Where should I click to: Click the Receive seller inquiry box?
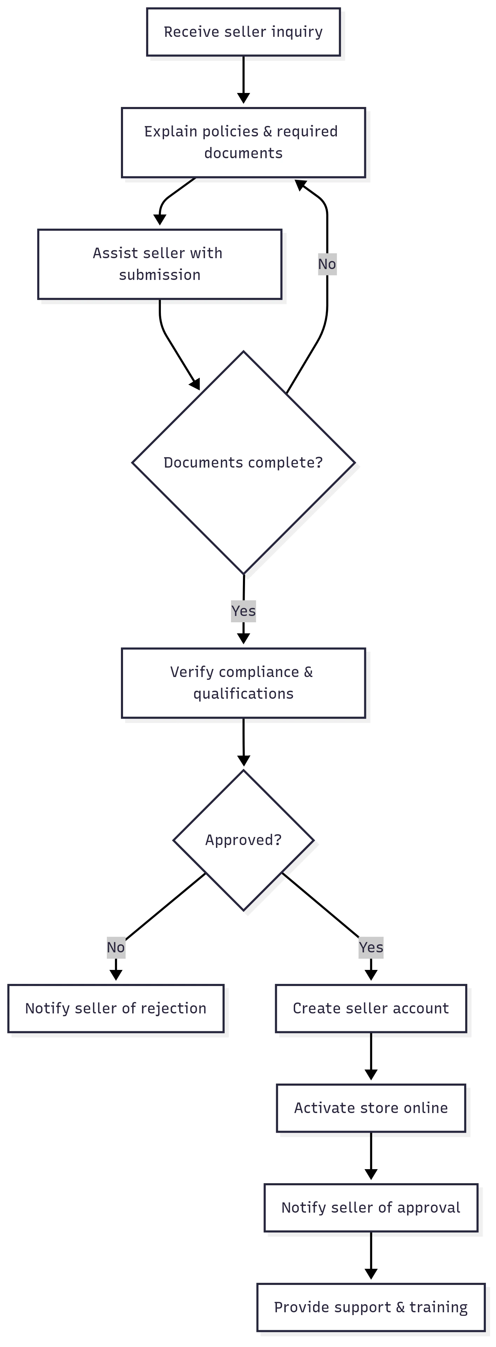click(x=243, y=32)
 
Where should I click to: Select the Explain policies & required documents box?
click(x=243, y=142)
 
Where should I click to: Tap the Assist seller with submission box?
click(x=159, y=264)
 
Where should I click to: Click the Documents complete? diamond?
click(x=243, y=462)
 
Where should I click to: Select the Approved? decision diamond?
click(x=243, y=840)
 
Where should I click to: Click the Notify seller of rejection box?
click(x=116, y=1008)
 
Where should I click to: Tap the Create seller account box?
click(x=371, y=1008)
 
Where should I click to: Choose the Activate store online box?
click(x=371, y=1107)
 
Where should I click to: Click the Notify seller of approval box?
click(x=371, y=1207)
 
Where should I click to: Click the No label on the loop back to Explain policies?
click(x=327, y=264)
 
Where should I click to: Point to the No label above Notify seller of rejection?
click(x=116, y=947)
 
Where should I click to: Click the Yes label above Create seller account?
click(x=371, y=947)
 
